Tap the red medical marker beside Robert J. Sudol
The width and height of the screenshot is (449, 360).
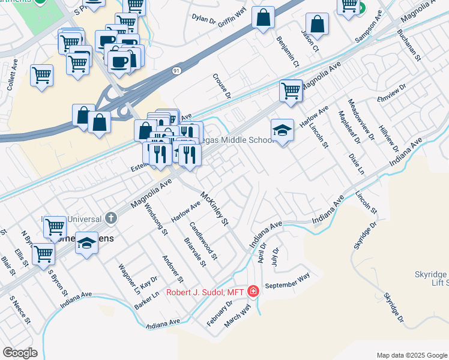click(253, 292)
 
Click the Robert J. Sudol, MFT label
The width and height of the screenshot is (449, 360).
click(208, 292)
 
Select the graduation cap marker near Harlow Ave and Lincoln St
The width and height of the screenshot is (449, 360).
click(282, 130)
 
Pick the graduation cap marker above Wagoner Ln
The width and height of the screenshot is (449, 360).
click(87, 243)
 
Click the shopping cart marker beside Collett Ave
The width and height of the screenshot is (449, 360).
click(41, 76)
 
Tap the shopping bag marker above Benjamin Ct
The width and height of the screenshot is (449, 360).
click(263, 17)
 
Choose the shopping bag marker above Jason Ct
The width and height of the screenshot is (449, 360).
click(317, 24)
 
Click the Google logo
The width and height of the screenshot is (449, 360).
click(20, 353)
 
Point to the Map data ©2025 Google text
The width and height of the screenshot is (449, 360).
click(411, 355)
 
